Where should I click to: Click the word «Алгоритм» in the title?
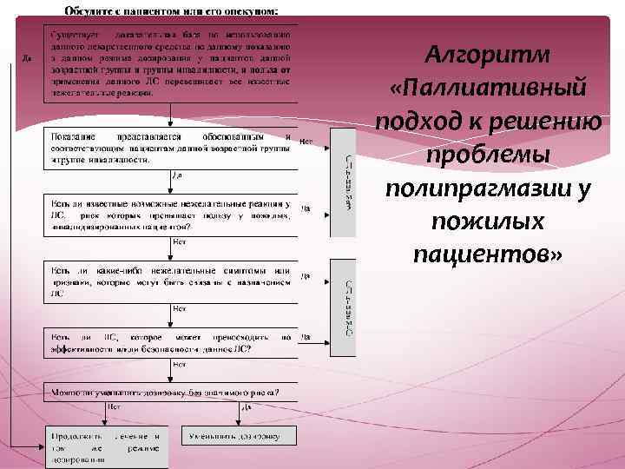click(x=488, y=55)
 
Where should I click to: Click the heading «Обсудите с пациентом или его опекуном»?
click(x=171, y=10)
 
